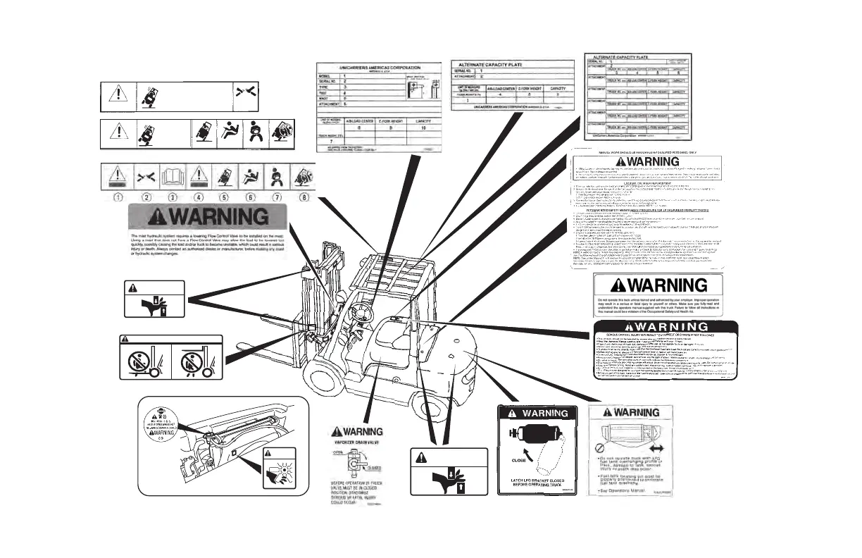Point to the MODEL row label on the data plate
(x=325, y=75)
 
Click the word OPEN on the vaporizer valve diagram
(x=338, y=452)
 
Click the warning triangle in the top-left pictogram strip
(x=120, y=94)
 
